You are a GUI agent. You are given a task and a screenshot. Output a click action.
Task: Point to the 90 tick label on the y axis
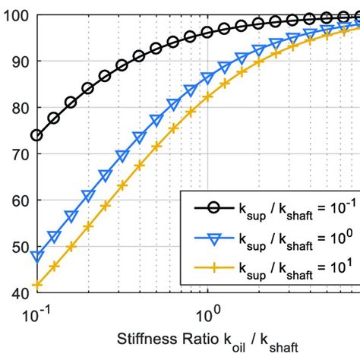(x=16, y=62)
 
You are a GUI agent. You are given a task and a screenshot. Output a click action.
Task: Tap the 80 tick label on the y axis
(x=16, y=108)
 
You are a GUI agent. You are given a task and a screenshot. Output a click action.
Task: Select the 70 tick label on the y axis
(x=16, y=154)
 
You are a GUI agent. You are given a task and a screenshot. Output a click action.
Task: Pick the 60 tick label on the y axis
(x=16, y=201)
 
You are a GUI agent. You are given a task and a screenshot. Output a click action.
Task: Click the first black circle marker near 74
(x=36, y=135)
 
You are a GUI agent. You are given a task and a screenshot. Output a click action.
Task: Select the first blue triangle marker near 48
(x=36, y=256)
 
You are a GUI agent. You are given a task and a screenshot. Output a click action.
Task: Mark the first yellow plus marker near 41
(x=36, y=286)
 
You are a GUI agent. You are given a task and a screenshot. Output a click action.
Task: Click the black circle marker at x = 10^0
(x=207, y=33)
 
